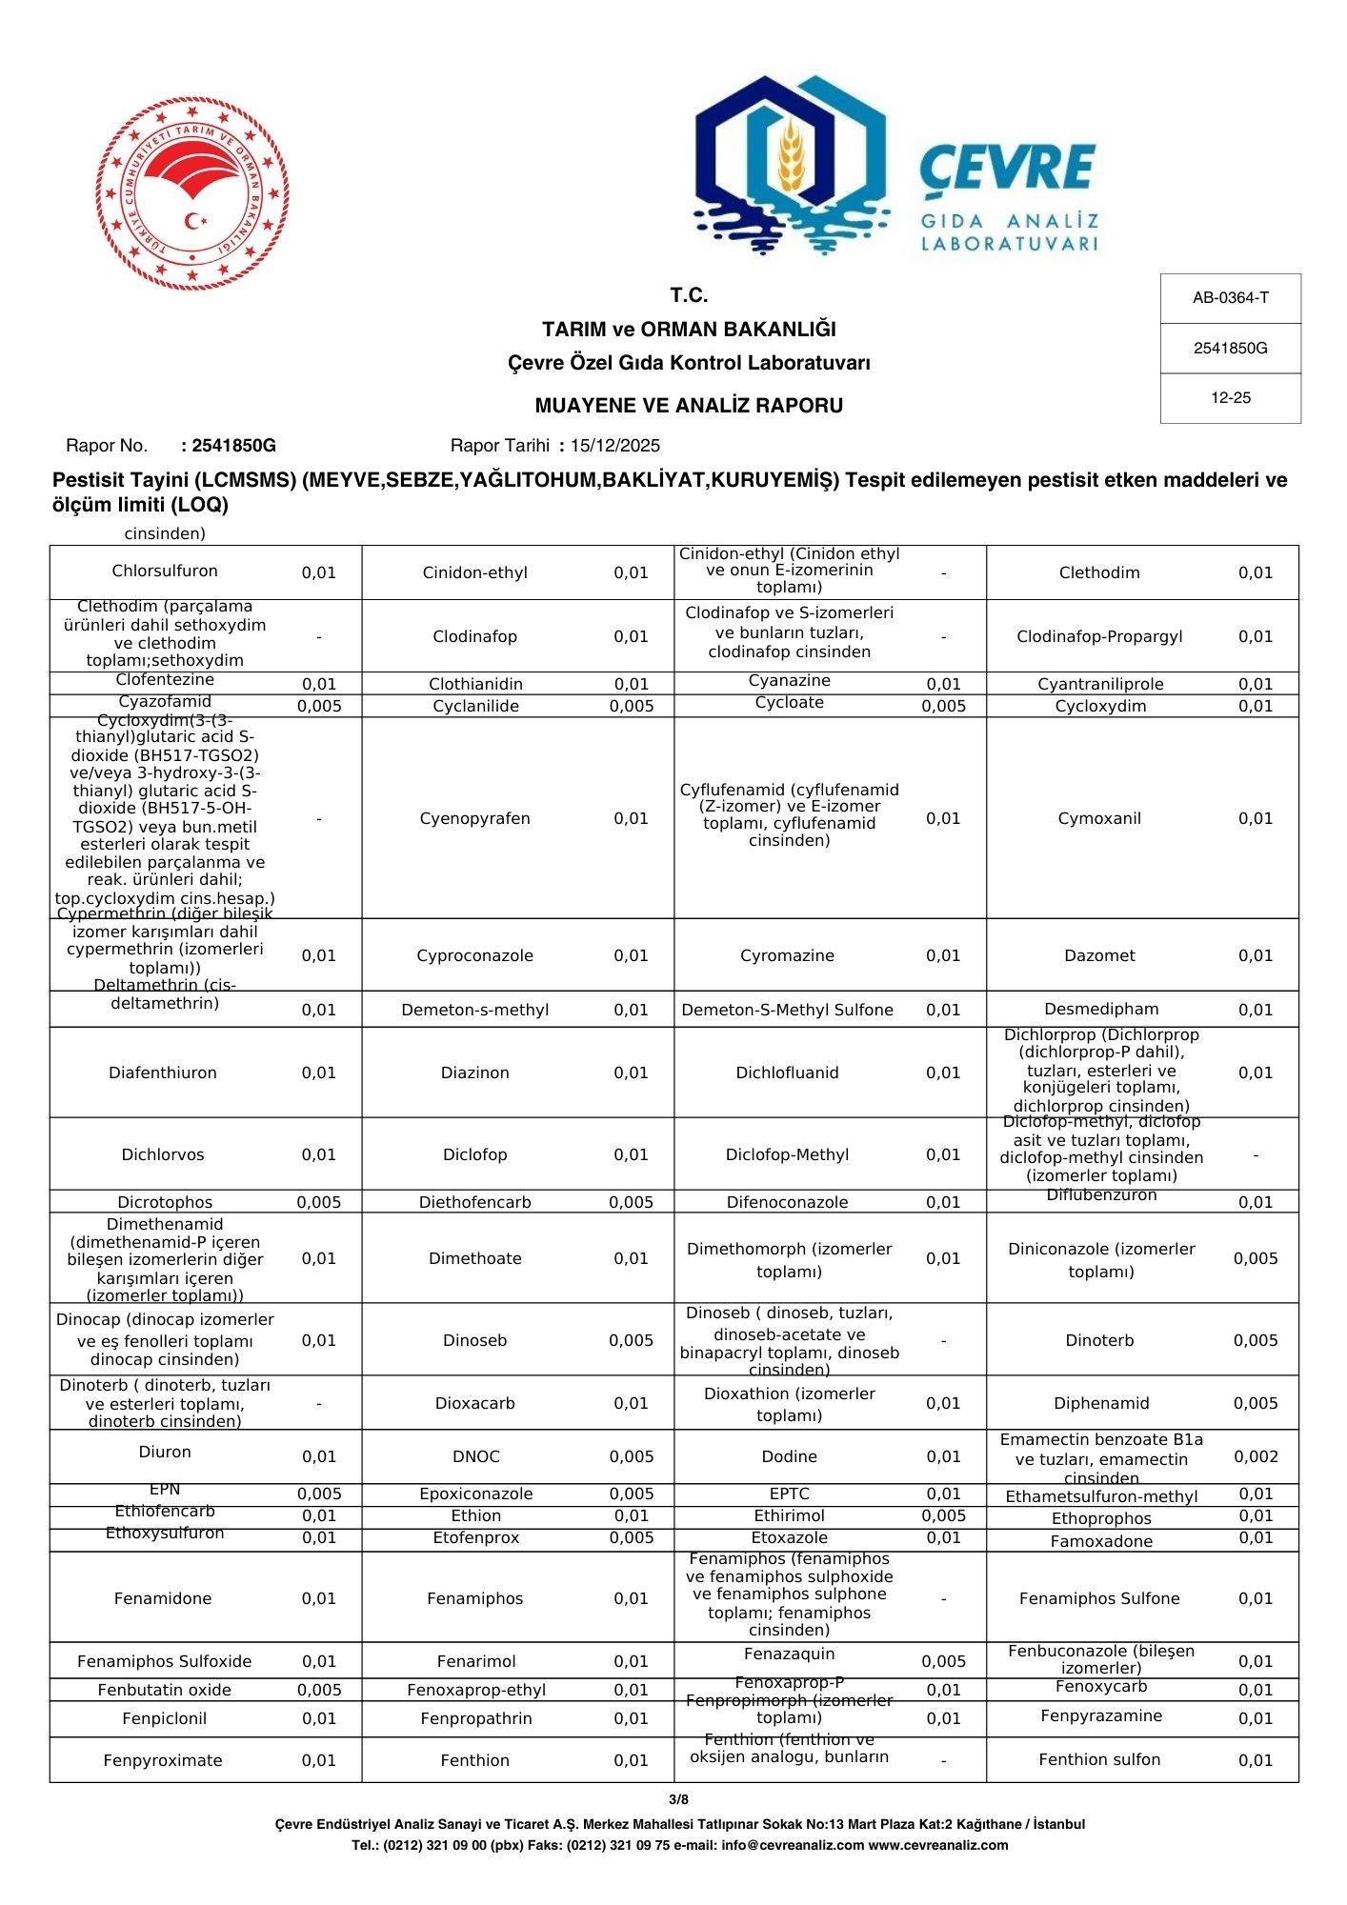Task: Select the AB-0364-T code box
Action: [1230, 298]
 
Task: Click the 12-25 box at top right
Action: [1230, 398]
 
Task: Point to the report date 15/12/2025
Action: [614, 446]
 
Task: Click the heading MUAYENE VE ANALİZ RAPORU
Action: [688, 406]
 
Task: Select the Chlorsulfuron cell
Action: [165, 571]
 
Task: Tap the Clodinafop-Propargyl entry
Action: [1099, 636]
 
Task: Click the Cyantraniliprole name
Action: [1100, 684]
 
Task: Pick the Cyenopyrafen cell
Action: [474, 818]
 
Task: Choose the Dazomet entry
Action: [1099, 955]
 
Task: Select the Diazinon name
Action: [474, 1073]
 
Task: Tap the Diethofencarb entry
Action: [474, 1202]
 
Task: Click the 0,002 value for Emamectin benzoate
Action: [1255, 1456]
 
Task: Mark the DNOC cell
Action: [475, 1456]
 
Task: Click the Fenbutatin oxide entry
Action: [165, 1690]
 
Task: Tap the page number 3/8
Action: [678, 1799]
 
